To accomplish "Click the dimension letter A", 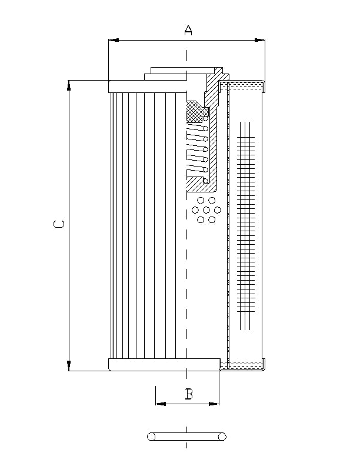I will (188, 30).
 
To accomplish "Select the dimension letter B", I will (189, 394).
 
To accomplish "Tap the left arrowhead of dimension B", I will (161, 404).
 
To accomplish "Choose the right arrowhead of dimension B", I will (214, 404).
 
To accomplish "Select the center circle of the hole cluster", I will (206, 210).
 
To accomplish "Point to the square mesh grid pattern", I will (246, 224).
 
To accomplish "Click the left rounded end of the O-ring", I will (151, 437).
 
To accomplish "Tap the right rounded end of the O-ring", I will (222, 437).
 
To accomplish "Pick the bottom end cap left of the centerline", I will (147, 365).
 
